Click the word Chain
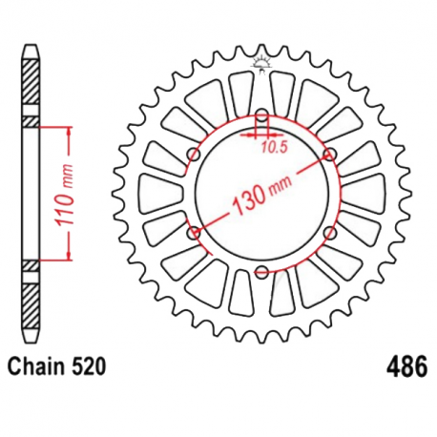[35, 365]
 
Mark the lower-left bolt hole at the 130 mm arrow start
[195, 232]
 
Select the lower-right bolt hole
[328, 232]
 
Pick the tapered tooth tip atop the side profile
[31, 49]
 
